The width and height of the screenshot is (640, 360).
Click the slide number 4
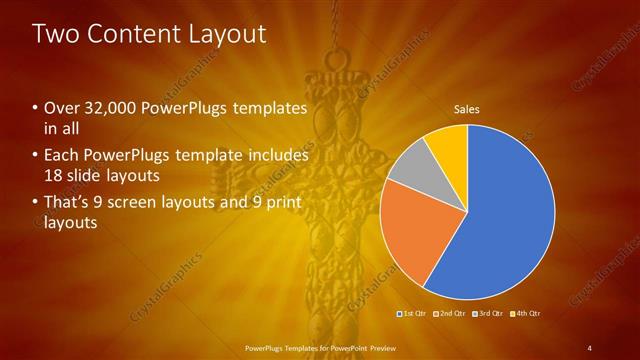coord(589,347)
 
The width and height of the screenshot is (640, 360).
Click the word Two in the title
coord(54,34)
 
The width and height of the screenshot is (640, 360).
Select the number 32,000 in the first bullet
coord(104,108)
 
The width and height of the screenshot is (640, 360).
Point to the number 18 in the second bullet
coord(53,175)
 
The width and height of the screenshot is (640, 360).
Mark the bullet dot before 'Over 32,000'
coord(36,108)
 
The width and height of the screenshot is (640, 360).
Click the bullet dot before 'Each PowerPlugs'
coord(36,156)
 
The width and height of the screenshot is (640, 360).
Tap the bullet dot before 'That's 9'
coord(36,204)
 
